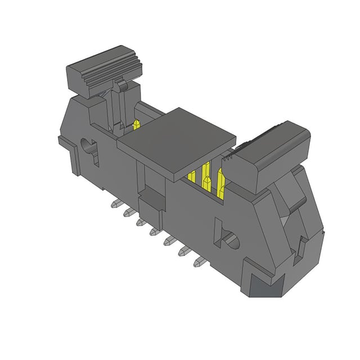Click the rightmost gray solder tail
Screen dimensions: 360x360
coord(199,262)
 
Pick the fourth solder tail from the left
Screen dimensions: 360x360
coord(153,231)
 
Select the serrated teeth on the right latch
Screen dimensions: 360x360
coord(231,157)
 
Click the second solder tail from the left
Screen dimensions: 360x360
coord(128,213)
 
